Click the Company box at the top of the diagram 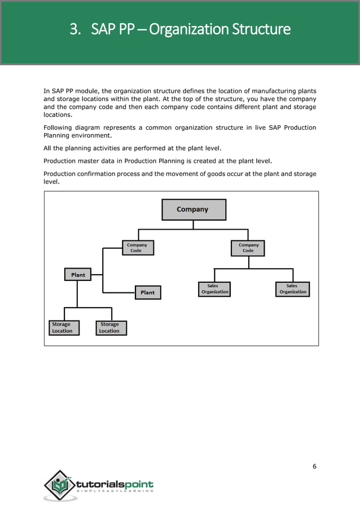(194, 209)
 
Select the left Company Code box (138, 248)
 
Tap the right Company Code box (248, 248)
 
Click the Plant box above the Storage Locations (78, 275)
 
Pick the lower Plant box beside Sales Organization (147, 292)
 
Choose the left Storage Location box (62, 328)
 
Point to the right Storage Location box (110, 328)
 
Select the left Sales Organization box (214, 289)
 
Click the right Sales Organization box (293, 289)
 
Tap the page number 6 (314, 466)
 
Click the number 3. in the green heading (75, 29)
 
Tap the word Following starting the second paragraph (58, 127)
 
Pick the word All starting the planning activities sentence (47, 148)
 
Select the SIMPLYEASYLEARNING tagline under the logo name (115, 492)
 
